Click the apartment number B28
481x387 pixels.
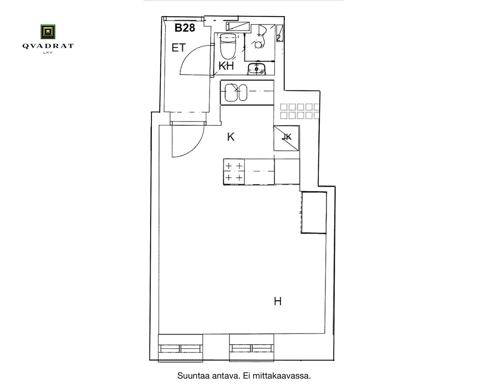pos(185,28)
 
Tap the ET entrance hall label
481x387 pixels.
pos(178,48)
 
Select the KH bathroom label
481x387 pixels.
pos(226,66)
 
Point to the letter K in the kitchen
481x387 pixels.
pos(231,137)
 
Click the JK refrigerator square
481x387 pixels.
pos(286,138)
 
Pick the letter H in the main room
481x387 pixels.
pos(278,301)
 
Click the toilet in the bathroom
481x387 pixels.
pos(228,46)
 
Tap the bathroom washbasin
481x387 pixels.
pos(257,68)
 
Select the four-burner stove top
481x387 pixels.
pos(234,172)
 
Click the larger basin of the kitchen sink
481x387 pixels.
pos(231,92)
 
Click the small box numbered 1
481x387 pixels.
pos(237,27)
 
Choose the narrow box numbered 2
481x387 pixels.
pos(280,33)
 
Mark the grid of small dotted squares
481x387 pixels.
pos(300,111)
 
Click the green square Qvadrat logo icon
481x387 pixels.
pos(48,32)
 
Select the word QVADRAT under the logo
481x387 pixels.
pos(48,46)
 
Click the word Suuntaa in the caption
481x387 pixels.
pos(194,376)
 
